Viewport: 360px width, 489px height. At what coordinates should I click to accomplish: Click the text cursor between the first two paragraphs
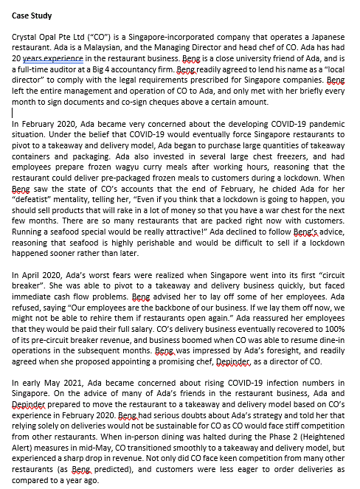coord(14,113)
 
